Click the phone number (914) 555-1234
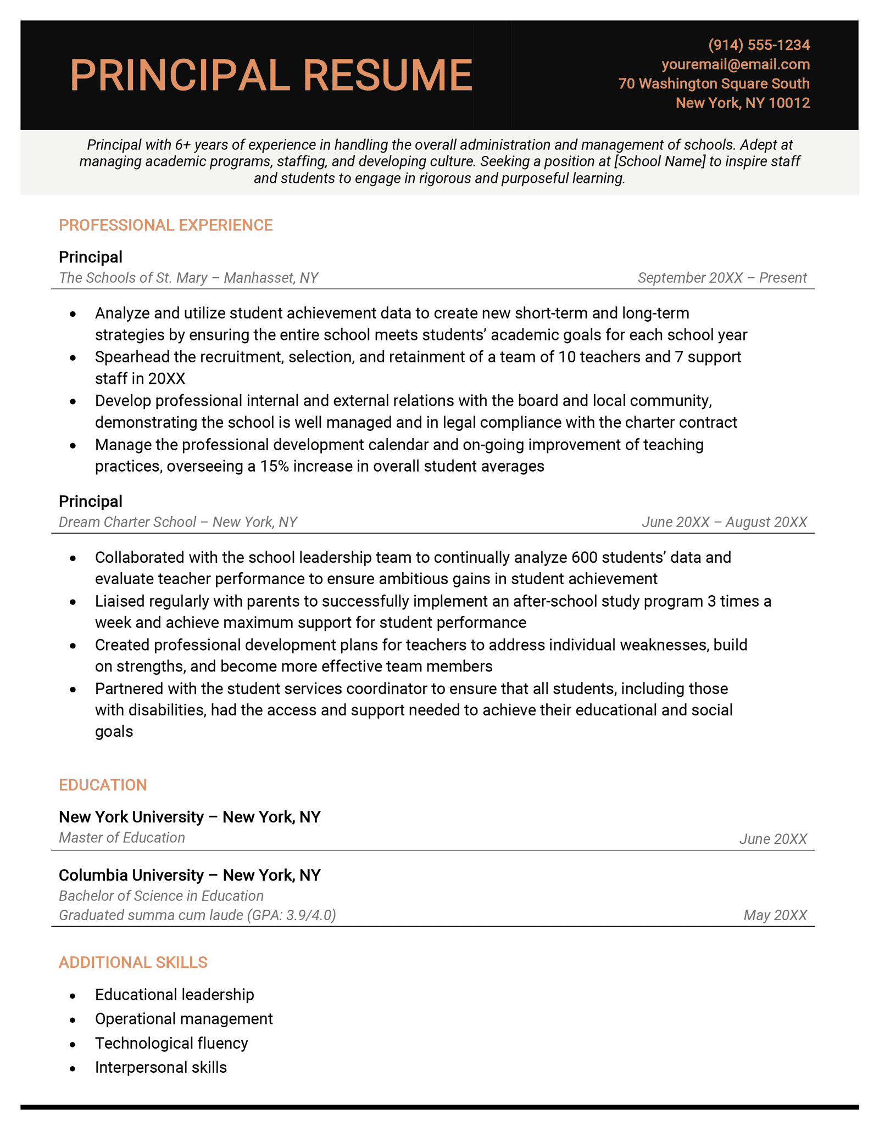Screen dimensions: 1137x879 tap(759, 45)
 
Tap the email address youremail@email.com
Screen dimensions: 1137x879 tap(735, 64)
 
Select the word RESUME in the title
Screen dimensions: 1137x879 tap(387, 75)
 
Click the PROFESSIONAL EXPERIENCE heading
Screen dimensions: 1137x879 tap(165, 225)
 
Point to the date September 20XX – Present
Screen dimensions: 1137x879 tap(722, 278)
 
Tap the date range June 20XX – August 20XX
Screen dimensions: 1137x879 tap(724, 522)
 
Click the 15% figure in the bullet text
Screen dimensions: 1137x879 tap(274, 466)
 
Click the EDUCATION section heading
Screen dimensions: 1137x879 tap(103, 785)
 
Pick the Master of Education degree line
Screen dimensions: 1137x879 tap(121, 838)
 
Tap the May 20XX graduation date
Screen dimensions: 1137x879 tap(775, 915)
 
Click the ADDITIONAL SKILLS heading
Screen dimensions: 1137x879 tap(133, 962)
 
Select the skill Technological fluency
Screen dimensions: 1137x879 tap(171, 1043)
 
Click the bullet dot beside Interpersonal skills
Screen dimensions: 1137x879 tap(73, 1068)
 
